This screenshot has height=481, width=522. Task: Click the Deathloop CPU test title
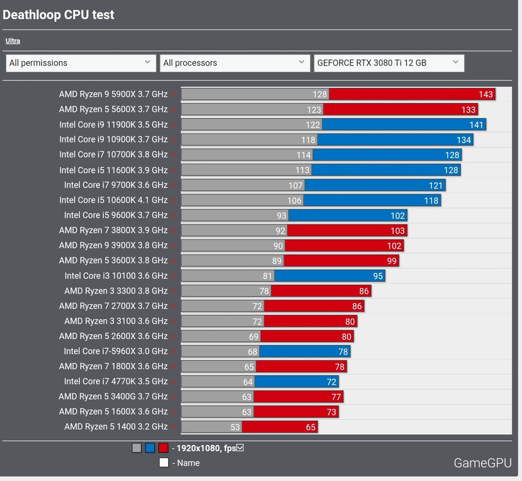tap(58, 14)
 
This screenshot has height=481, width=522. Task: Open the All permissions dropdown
tap(81, 63)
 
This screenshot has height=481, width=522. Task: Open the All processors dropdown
tap(235, 63)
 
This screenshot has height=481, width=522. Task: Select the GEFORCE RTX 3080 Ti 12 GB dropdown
tap(389, 63)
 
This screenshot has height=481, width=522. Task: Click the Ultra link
tap(13, 41)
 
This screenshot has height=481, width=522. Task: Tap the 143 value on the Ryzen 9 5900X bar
tap(485, 94)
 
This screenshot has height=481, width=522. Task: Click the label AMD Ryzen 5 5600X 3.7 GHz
tap(113, 109)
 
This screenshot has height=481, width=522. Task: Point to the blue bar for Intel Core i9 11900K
tap(404, 124)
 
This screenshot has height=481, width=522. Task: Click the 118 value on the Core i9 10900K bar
tap(308, 139)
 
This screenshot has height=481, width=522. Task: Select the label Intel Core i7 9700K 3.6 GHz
tap(115, 185)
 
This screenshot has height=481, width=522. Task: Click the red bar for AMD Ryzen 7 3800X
tap(347, 230)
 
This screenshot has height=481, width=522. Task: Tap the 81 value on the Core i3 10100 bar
tap(267, 276)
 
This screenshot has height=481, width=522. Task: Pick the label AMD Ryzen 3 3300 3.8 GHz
tap(116, 291)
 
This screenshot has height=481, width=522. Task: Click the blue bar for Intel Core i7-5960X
tap(305, 351)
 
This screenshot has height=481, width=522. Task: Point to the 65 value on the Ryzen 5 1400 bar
tap(311, 427)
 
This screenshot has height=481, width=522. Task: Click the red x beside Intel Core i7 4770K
tap(173, 382)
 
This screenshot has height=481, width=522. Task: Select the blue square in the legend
tap(150, 448)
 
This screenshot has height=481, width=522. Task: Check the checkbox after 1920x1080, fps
tap(240, 448)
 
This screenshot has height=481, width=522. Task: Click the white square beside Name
tap(164, 463)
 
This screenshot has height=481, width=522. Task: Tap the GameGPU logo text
tap(482, 463)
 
